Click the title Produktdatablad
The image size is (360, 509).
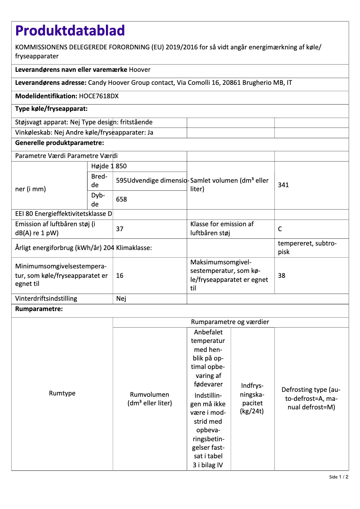[70, 31]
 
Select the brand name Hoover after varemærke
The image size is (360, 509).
[140, 70]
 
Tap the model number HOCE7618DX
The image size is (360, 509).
[99, 96]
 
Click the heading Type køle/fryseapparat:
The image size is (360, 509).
[51, 109]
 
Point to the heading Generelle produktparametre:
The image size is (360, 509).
[60, 143]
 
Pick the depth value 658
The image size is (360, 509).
[122, 198]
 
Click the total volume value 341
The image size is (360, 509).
[283, 184]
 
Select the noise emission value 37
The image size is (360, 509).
[120, 229]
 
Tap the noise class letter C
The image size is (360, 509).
[280, 229]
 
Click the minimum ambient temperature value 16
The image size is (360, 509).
[120, 276]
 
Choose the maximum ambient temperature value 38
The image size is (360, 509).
[281, 276]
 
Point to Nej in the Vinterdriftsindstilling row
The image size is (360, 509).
[121, 298]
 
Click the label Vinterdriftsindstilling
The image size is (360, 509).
[46, 298]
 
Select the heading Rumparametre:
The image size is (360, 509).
[39, 309]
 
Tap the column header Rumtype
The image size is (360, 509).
[62, 393]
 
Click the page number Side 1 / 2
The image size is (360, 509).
[338, 477]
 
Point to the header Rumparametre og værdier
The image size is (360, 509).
[230, 322]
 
